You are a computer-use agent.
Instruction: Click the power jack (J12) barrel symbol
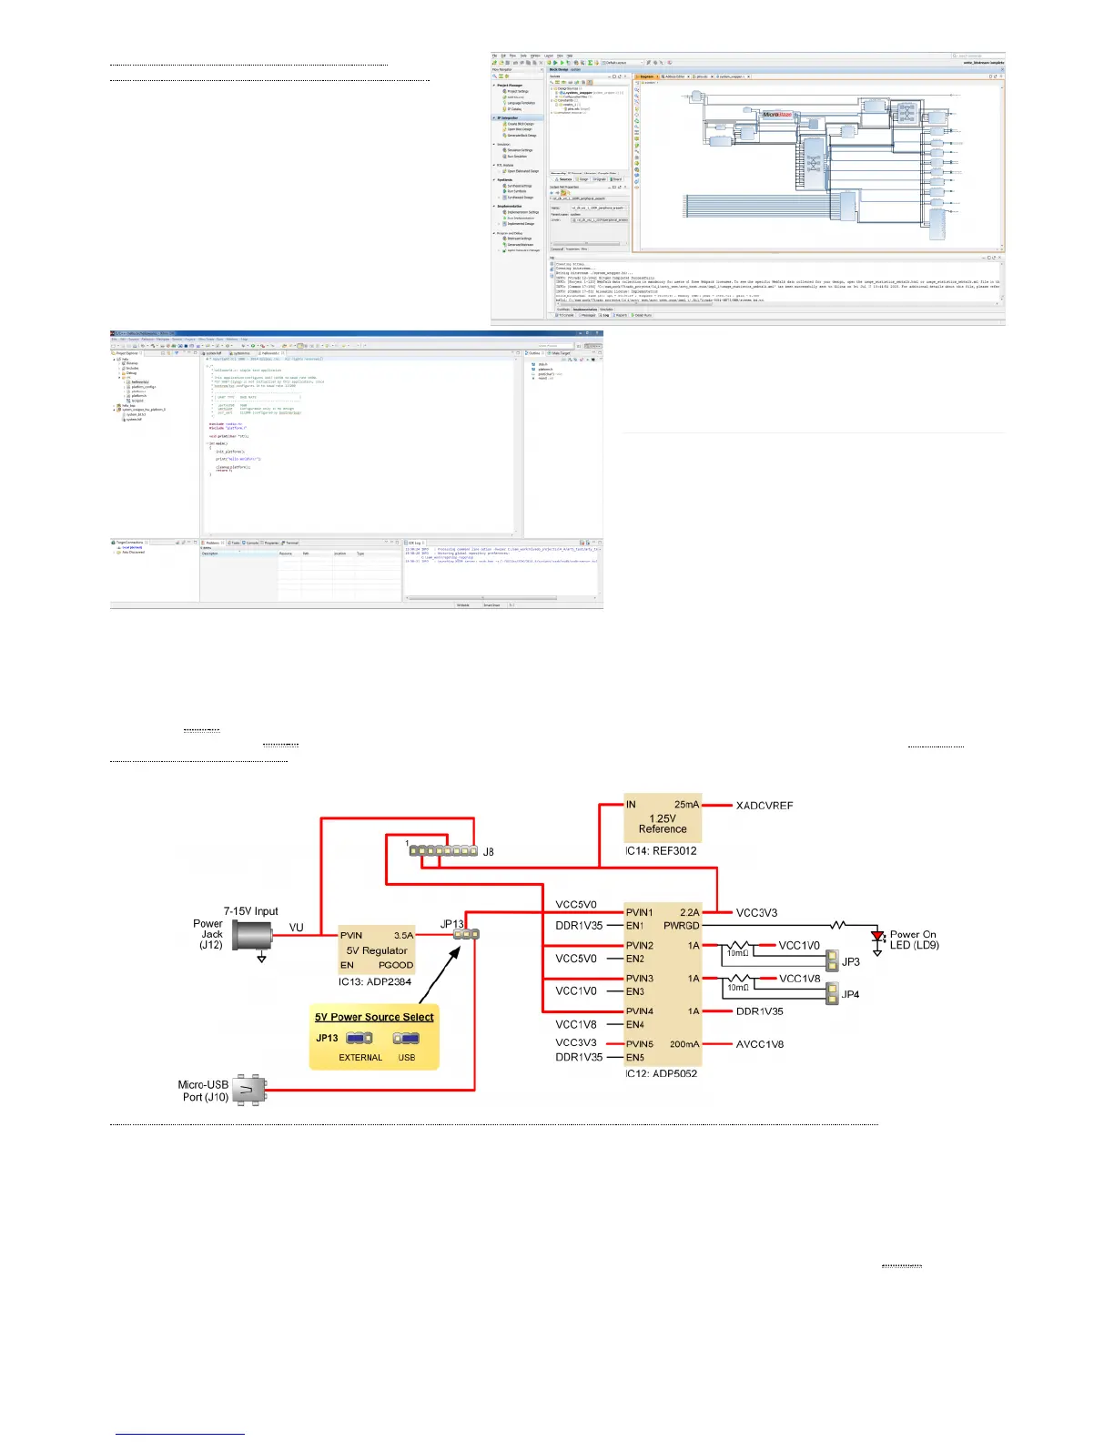coord(252,935)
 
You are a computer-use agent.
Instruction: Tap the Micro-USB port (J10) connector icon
coord(248,1090)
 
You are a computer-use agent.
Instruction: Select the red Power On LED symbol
coord(877,936)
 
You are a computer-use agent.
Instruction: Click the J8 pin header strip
coord(443,851)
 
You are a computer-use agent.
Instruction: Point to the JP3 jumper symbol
coord(832,961)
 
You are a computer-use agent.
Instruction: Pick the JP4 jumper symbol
coord(832,994)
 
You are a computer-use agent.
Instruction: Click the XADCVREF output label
coord(765,806)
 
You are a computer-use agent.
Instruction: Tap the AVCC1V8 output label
coord(760,1044)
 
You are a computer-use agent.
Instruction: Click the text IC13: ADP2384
coord(375,981)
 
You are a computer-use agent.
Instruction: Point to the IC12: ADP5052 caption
coord(662,1073)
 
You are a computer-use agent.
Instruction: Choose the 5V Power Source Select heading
coord(374,1017)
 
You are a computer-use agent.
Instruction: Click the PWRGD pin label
coord(682,926)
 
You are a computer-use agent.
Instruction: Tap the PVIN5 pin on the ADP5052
coord(640,1044)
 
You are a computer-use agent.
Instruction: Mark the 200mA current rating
coord(684,1044)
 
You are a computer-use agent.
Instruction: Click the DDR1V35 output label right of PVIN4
coord(760,1011)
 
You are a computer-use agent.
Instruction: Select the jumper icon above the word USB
coord(407,1038)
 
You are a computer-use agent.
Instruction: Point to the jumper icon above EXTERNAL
coord(359,1038)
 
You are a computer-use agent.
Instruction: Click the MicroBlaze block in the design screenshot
coord(777,115)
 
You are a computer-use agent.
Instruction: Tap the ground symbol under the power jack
coord(262,958)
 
